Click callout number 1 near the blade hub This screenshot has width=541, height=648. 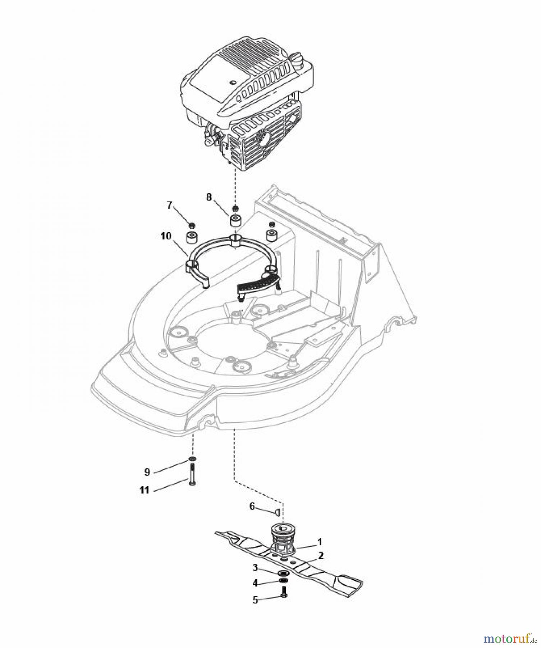[320, 542]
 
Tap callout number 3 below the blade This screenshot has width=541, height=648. [255, 568]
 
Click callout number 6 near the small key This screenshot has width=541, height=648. [252, 506]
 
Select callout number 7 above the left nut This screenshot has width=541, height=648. [170, 205]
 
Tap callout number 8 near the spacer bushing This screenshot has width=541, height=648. [209, 197]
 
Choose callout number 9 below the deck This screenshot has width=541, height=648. [147, 472]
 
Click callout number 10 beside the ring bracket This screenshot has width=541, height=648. [166, 236]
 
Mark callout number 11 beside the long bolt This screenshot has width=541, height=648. [145, 490]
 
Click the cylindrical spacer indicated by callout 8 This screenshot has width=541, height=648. [235, 220]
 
